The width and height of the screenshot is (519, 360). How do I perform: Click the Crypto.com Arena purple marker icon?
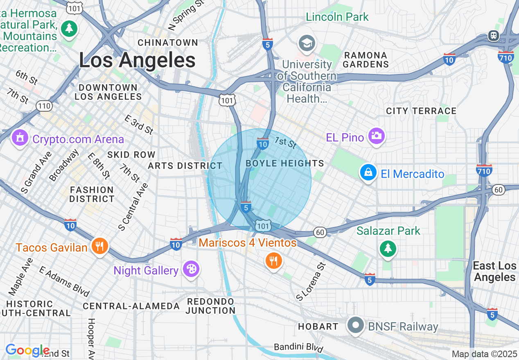coord(20,138)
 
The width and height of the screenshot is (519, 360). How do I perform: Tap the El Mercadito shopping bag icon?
coord(368,173)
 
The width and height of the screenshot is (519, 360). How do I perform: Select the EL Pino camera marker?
coord(376,136)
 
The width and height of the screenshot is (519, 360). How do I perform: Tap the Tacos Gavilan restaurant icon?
coord(99,246)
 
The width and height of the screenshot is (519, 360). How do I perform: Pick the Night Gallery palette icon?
coord(191,269)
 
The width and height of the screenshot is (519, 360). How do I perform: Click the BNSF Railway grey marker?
coord(355,325)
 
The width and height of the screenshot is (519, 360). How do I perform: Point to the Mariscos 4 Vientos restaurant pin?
coord(273,260)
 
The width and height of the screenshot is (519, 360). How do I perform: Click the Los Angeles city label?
coord(137,61)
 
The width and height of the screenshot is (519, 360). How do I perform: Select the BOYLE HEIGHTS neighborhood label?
coord(285,164)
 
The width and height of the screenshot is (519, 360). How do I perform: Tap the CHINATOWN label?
coord(168,43)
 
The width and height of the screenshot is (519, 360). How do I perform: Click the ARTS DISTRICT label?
coord(185,166)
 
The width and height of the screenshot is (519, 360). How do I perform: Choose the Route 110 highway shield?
coord(44,106)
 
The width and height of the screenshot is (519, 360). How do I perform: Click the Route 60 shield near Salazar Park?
coord(320,232)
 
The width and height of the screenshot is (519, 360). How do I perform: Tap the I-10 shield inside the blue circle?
coord(262,143)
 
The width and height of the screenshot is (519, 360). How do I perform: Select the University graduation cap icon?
coord(307,43)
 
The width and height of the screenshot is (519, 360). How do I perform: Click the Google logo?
coord(27,350)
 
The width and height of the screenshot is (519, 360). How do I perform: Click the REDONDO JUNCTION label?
coord(210,306)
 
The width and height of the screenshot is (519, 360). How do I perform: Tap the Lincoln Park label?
coord(337,17)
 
